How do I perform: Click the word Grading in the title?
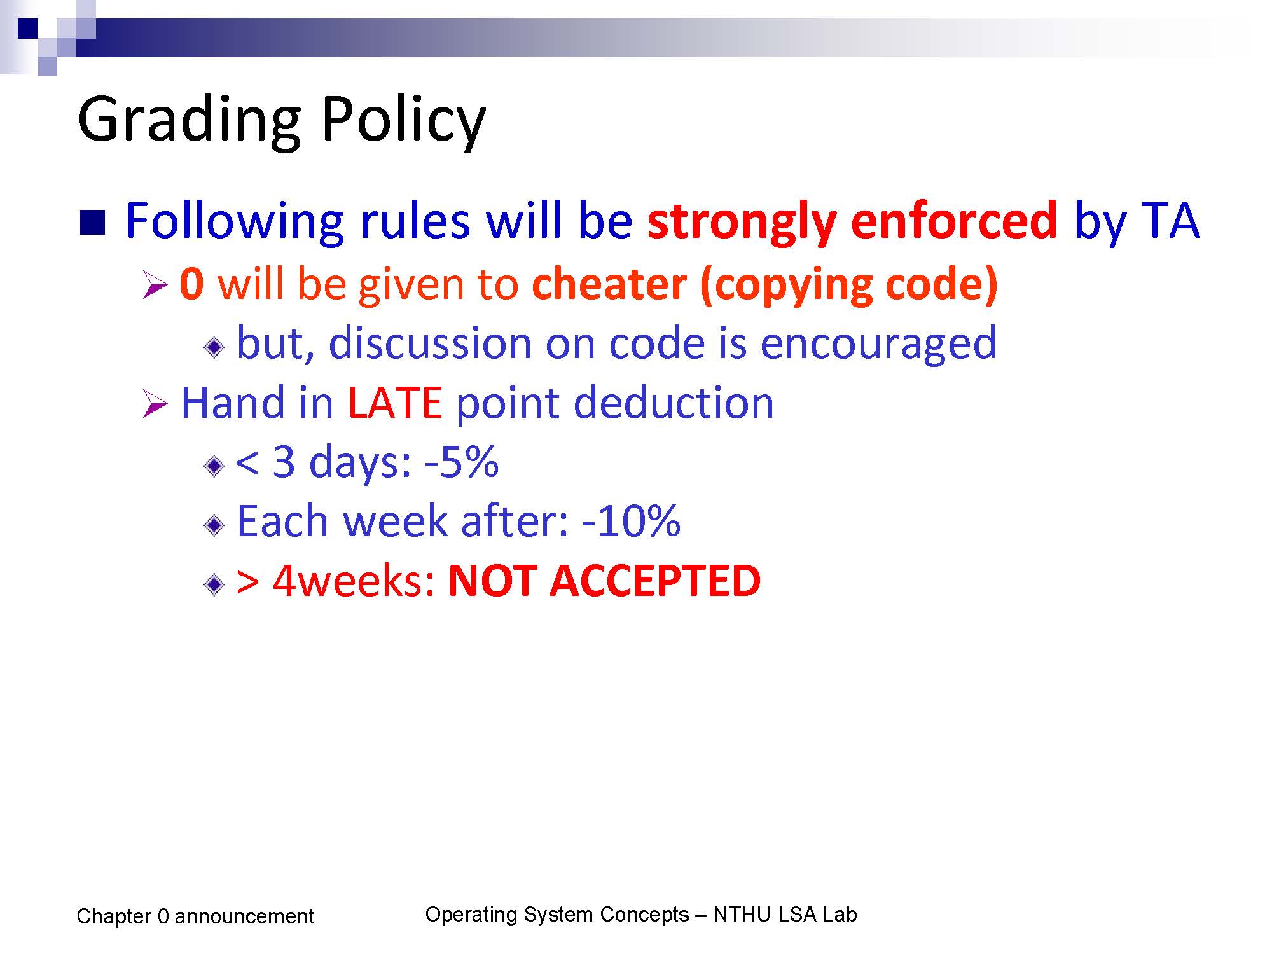[x=189, y=121]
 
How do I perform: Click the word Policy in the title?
[x=403, y=121]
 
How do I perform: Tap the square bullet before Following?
[x=92, y=223]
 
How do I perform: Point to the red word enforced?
[x=954, y=220]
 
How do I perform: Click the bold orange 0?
[x=191, y=284]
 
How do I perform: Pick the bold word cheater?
[x=609, y=284]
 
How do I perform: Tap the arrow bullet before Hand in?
[x=155, y=404]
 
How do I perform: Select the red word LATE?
[x=395, y=403]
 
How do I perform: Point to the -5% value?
[x=461, y=462]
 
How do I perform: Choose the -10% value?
[x=631, y=521]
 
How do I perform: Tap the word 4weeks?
[x=354, y=581]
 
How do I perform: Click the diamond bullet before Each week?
[x=214, y=525]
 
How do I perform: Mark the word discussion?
[x=430, y=343]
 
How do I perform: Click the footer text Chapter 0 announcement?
[x=195, y=916]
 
